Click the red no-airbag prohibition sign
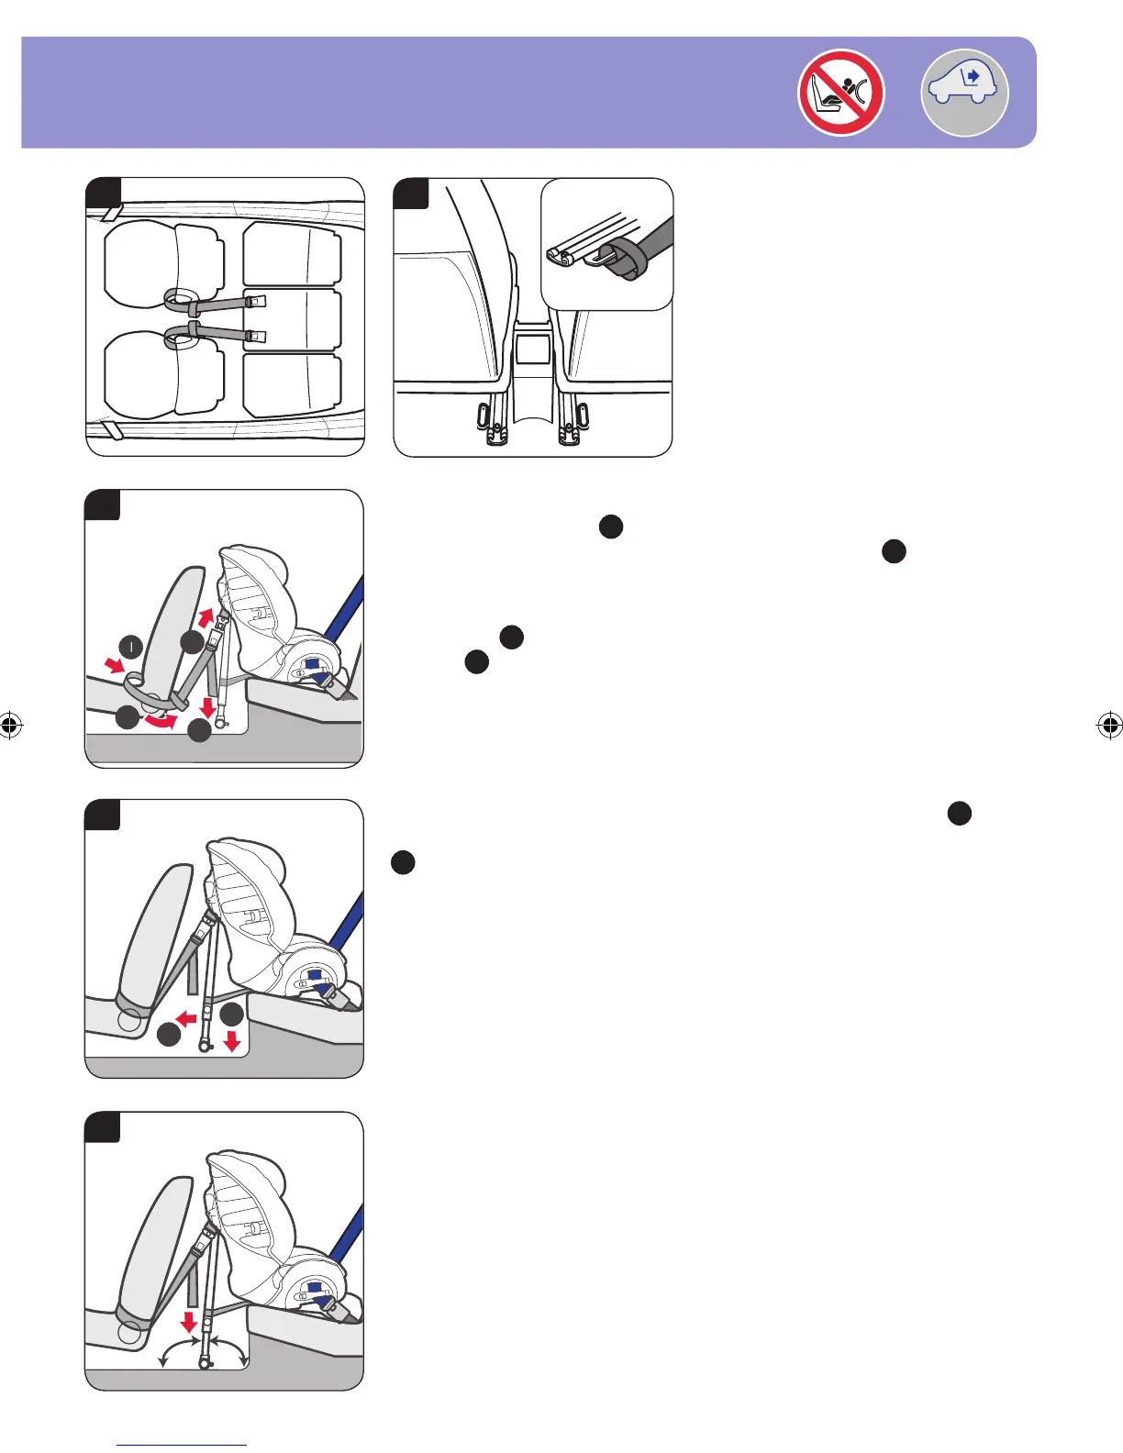pos(840,93)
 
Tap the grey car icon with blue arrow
pos(964,93)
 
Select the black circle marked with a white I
pos(131,647)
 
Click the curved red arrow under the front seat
pos(158,722)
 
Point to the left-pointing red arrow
pos(187,1017)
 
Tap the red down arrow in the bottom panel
pos(189,1321)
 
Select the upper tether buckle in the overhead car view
pos(256,300)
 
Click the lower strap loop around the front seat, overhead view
pos(181,338)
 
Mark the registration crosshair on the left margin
pos(10,726)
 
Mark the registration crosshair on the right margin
pos(1108,726)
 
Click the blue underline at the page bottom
pos(182,1446)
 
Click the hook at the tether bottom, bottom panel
pos(206,1364)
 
